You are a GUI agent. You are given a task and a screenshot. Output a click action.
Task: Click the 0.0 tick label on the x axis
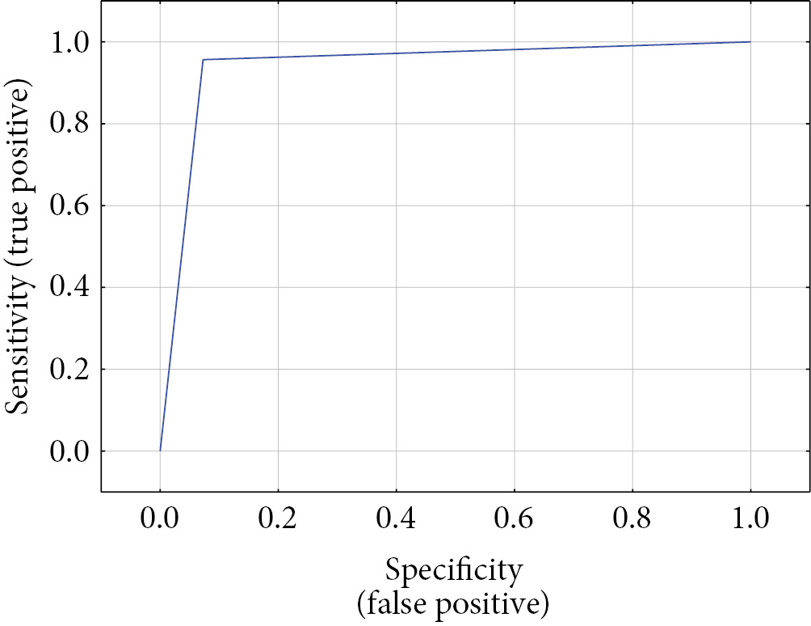[x=160, y=518]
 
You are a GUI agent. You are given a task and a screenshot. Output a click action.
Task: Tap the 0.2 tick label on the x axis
[x=278, y=518]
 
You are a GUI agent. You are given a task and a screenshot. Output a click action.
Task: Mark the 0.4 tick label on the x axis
[x=396, y=518]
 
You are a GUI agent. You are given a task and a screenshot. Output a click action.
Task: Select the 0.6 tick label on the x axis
[x=514, y=518]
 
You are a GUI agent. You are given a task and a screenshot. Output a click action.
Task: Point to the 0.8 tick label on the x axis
[x=632, y=518]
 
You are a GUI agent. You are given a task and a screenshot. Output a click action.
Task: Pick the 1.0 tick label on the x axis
[x=750, y=518]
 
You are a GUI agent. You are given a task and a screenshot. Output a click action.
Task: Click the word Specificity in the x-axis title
[x=453, y=571]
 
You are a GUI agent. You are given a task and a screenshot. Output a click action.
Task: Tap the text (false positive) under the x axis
[x=453, y=603]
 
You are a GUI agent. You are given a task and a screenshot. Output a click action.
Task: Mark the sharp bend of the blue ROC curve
[x=203, y=60]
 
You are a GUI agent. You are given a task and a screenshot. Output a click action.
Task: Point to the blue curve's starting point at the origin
[x=160, y=450]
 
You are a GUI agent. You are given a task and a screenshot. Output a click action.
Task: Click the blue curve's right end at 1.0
[x=750, y=42]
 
